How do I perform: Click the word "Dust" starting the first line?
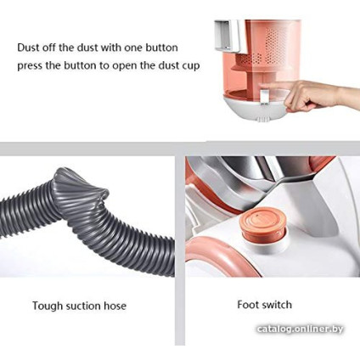pyautogui.click(x=28, y=48)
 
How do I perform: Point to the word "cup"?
pyautogui.click(x=191, y=67)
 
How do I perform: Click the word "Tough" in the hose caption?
pyautogui.click(x=47, y=307)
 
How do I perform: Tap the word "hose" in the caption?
pyautogui.click(x=115, y=306)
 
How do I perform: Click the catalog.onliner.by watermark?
pyautogui.click(x=300, y=329)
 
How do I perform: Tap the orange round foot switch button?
pyautogui.click(x=263, y=223)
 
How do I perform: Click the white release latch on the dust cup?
pyautogui.click(x=264, y=97)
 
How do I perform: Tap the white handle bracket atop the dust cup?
pyautogui.click(x=228, y=36)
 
